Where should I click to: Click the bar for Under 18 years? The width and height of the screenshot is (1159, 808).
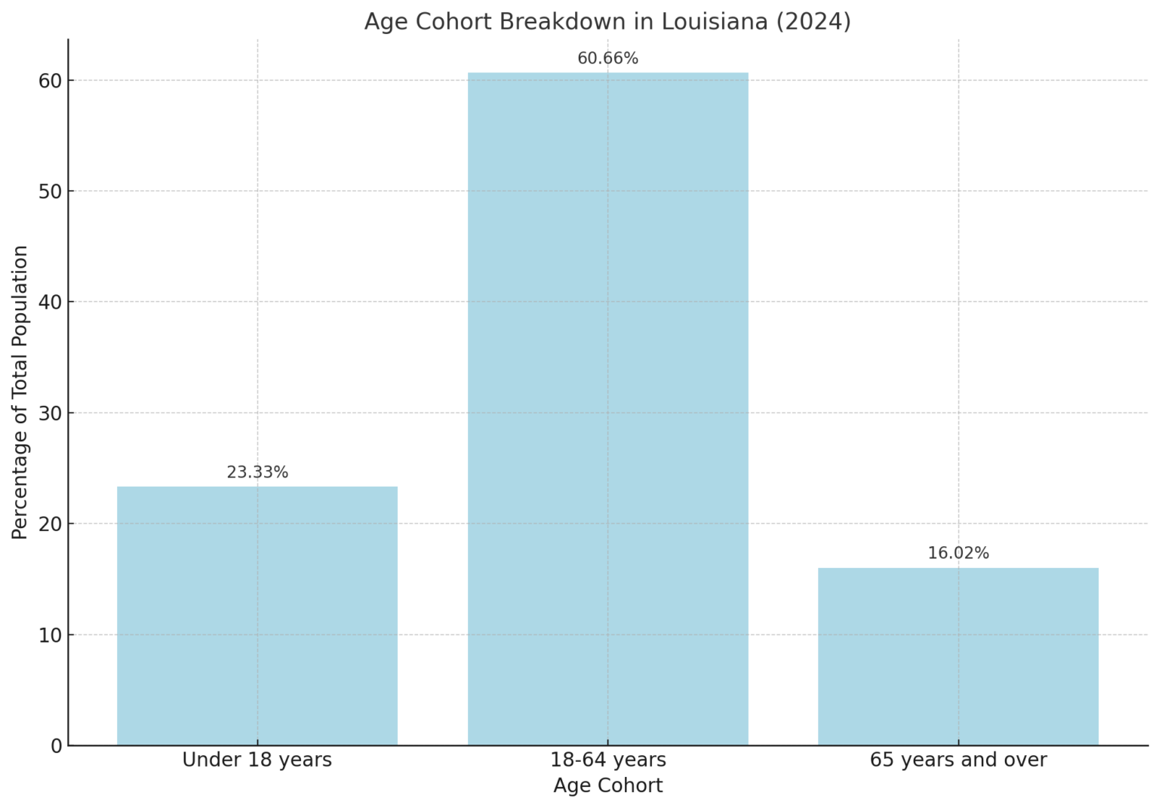tap(257, 616)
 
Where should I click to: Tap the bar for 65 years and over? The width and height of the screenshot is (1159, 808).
tap(958, 656)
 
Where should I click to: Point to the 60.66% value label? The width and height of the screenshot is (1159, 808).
tap(607, 59)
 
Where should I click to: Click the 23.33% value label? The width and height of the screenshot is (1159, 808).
tap(257, 473)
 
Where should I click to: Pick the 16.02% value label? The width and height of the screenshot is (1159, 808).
tap(958, 554)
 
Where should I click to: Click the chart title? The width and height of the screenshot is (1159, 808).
tap(607, 22)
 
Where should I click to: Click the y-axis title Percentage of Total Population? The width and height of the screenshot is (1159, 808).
tap(20, 392)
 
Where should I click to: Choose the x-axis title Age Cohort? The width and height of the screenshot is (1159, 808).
tap(607, 786)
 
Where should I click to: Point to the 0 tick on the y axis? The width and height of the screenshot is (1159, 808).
tap(57, 746)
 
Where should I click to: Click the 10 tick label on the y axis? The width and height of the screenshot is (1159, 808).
tap(51, 635)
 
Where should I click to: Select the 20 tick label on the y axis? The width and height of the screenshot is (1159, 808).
tap(51, 524)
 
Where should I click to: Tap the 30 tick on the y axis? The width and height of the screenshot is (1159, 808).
tap(51, 413)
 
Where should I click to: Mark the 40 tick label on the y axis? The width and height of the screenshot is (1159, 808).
tap(51, 303)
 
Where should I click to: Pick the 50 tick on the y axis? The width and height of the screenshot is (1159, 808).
tap(51, 192)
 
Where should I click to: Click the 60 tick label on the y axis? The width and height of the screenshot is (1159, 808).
tap(51, 81)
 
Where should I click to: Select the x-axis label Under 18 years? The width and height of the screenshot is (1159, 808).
tap(257, 760)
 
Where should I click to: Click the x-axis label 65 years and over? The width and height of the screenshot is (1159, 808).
tap(958, 760)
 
